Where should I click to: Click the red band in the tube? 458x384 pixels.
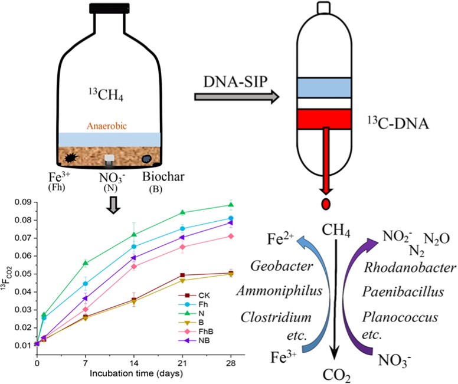tap(324, 119)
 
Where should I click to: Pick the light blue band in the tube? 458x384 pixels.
tap(324, 87)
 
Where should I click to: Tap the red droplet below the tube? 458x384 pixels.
tap(325, 205)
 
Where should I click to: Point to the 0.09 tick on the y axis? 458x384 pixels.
tap(25, 202)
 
